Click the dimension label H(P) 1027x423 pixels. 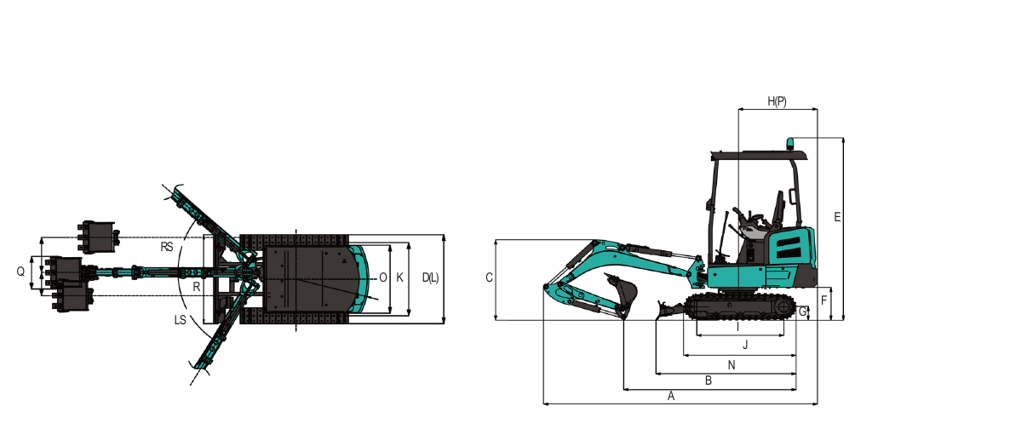[x=777, y=101]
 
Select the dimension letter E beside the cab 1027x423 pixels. [x=837, y=217]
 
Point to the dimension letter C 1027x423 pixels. [x=489, y=277]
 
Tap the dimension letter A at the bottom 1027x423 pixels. [x=671, y=396]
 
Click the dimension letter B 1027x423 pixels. [x=709, y=380]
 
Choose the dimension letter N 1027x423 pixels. [x=732, y=365]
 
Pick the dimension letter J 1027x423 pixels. [x=745, y=345]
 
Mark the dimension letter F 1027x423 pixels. [x=823, y=300]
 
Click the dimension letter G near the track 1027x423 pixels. [x=803, y=312]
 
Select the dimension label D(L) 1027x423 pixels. [x=431, y=277]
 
